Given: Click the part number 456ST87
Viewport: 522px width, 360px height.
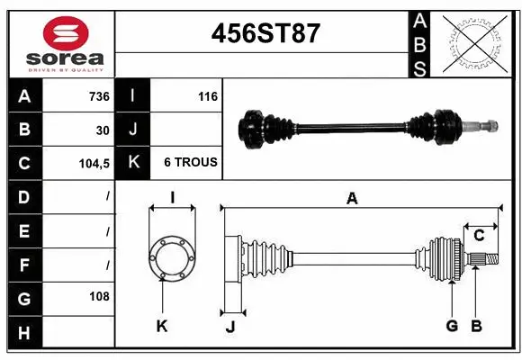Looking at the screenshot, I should tap(265, 33).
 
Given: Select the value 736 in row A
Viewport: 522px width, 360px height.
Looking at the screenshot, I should tap(98, 96).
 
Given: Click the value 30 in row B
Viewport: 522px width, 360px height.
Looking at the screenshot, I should tap(103, 130).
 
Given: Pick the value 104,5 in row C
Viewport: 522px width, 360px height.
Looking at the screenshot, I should tap(94, 163).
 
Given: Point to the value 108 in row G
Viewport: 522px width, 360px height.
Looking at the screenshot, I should tap(99, 296).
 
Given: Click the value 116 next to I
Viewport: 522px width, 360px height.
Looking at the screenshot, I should tap(208, 96).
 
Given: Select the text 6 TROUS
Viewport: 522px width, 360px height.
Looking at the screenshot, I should tap(190, 163).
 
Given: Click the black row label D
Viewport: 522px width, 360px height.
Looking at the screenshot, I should tap(23, 196).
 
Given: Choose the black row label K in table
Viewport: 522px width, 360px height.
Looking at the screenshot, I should tap(132, 163).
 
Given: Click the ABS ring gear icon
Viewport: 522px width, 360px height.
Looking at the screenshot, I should tap(476, 42).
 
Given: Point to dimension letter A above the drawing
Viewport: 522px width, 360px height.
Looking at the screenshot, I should tap(352, 199).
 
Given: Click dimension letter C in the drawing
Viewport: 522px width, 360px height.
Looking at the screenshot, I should tap(479, 236).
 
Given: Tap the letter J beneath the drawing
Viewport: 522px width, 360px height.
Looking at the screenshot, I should tap(229, 327).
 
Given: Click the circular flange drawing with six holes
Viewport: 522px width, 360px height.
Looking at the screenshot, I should tap(171, 258).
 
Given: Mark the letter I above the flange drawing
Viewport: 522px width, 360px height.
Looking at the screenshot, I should tap(171, 198).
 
